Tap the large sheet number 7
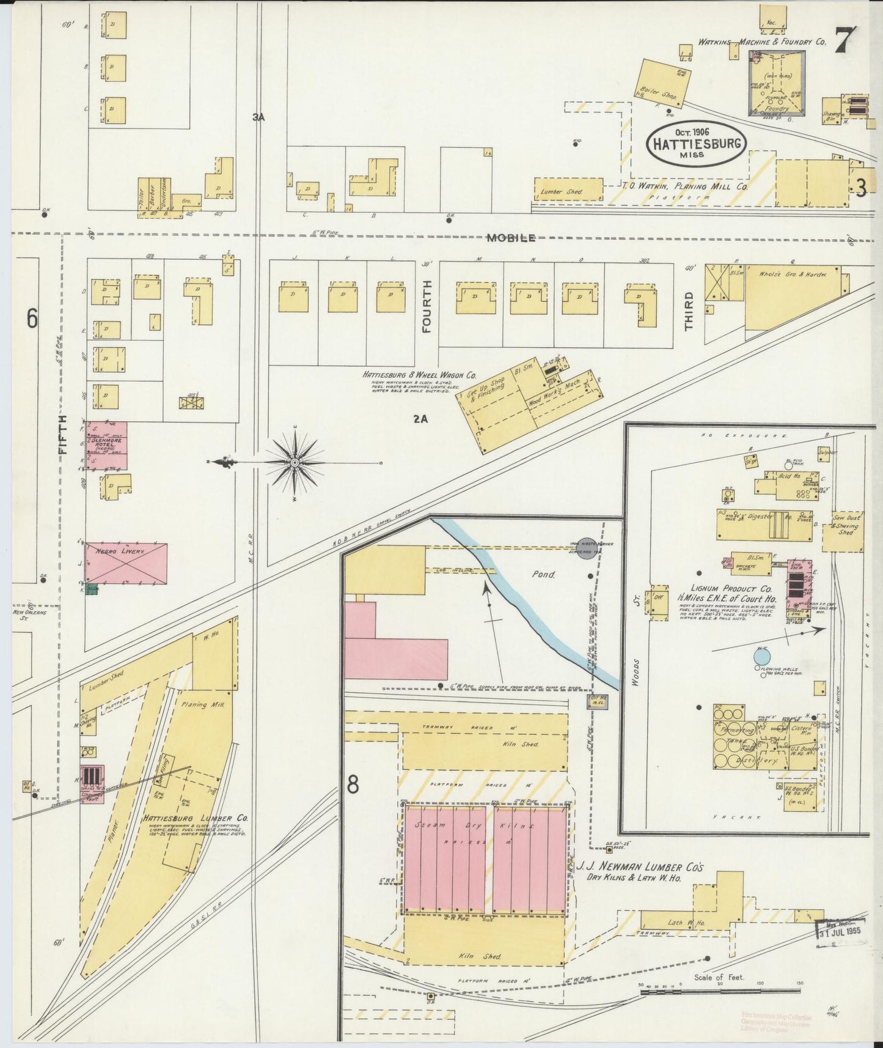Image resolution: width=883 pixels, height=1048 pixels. (x=845, y=42)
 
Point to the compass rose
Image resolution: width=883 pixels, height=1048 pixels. (x=295, y=463)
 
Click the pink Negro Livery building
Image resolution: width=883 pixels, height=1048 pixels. (x=125, y=563)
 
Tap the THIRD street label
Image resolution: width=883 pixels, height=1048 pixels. (x=689, y=311)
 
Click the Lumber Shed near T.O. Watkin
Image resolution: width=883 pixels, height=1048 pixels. (x=561, y=191)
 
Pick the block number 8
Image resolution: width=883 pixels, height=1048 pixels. (x=353, y=784)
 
